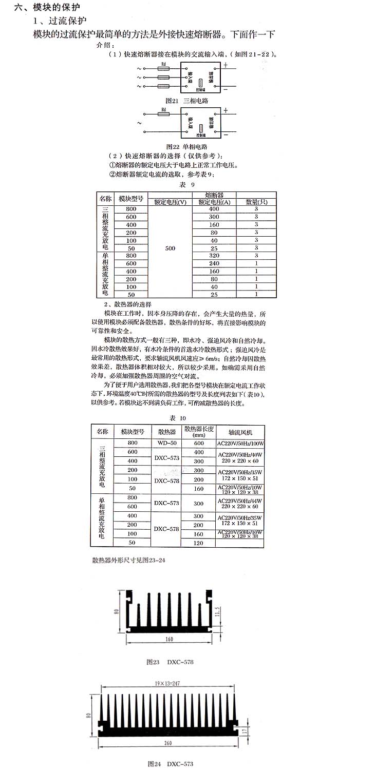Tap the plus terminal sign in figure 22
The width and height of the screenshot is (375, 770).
click(x=225, y=110)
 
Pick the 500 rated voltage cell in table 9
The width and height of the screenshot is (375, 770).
click(x=170, y=248)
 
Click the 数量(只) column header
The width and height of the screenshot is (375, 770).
click(x=256, y=202)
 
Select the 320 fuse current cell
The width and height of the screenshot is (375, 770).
click(x=214, y=256)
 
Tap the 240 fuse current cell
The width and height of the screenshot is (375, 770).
click(x=214, y=263)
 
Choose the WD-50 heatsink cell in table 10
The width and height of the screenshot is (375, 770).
click(x=167, y=443)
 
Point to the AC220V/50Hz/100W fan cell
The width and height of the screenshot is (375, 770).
click(x=240, y=443)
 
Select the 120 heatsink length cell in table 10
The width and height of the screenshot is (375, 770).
click(x=198, y=543)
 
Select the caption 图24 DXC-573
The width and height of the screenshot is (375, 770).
click(x=170, y=764)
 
